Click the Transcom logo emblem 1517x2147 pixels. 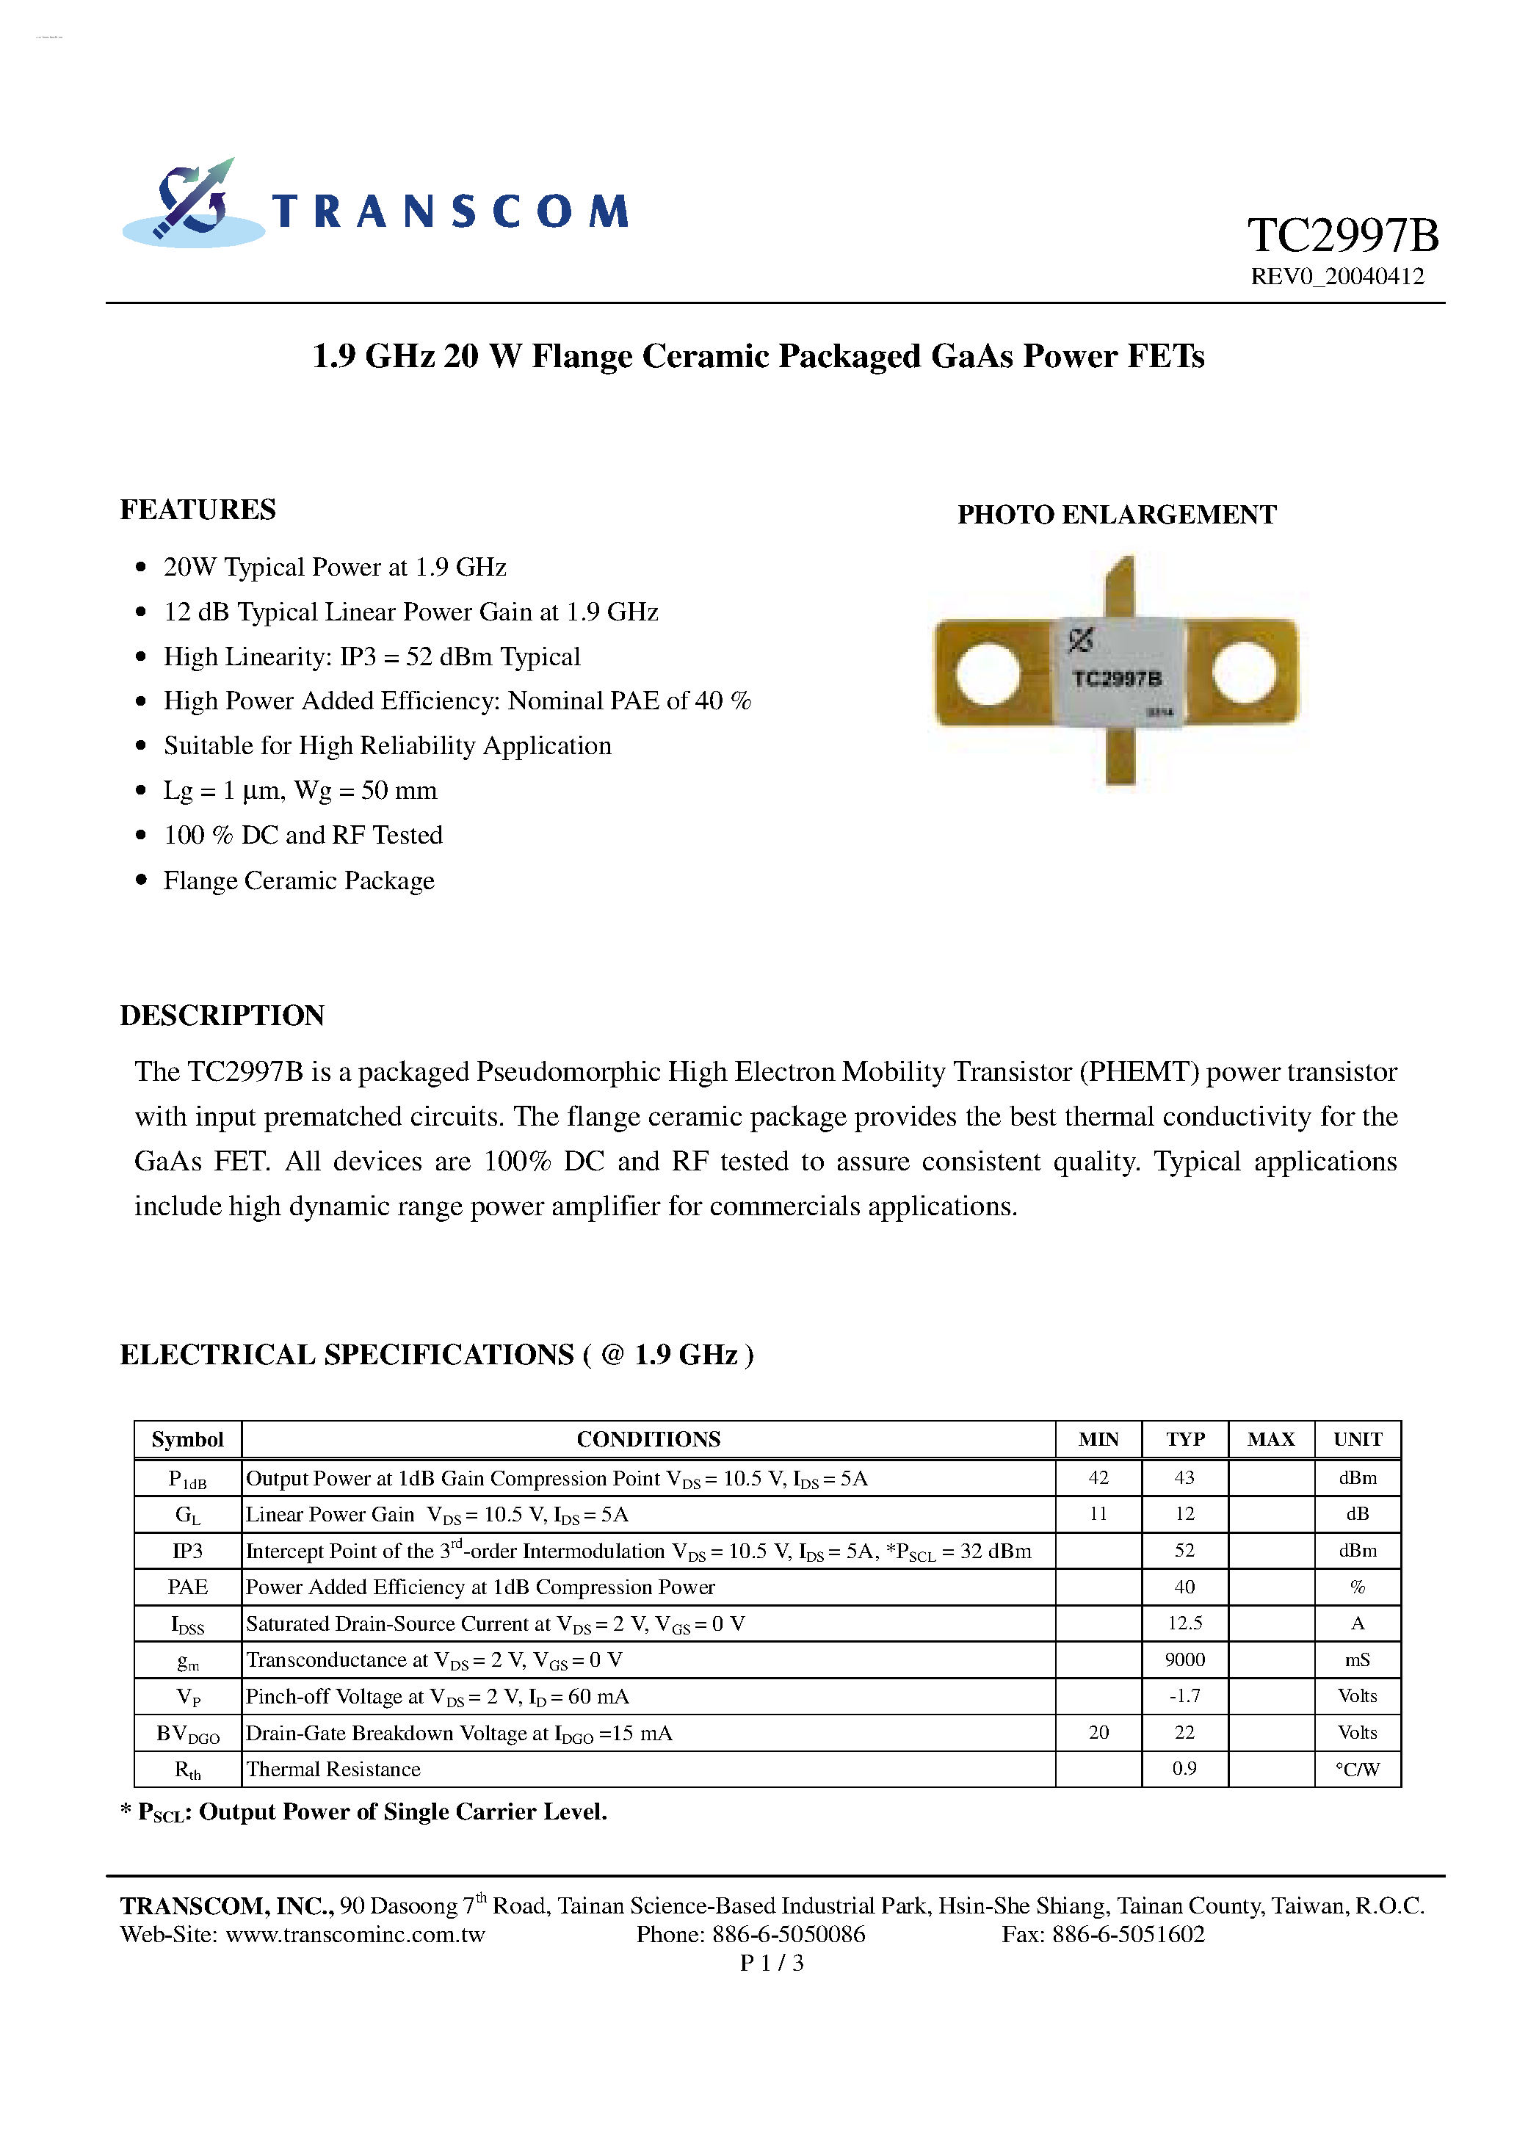[192, 204]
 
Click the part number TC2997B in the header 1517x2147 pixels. [1342, 236]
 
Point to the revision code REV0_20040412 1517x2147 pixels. [1336, 277]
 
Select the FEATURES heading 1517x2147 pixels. [198, 510]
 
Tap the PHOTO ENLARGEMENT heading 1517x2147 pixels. [1117, 514]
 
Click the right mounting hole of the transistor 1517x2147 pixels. [1244, 673]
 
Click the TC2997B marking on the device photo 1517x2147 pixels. [1117, 679]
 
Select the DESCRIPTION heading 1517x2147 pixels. [222, 1015]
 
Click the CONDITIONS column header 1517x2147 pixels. [648, 1439]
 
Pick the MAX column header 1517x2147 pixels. [1270, 1439]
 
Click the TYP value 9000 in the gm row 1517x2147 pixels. [1184, 1659]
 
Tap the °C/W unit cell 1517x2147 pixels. [1357, 1769]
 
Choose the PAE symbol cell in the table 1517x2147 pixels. [188, 1587]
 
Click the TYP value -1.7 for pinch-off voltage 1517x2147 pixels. [1184, 1696]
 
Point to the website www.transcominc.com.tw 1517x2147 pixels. [355, 1935]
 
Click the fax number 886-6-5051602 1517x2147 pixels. [1128, 1935]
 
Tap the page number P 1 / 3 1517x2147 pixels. [772, 1963]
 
